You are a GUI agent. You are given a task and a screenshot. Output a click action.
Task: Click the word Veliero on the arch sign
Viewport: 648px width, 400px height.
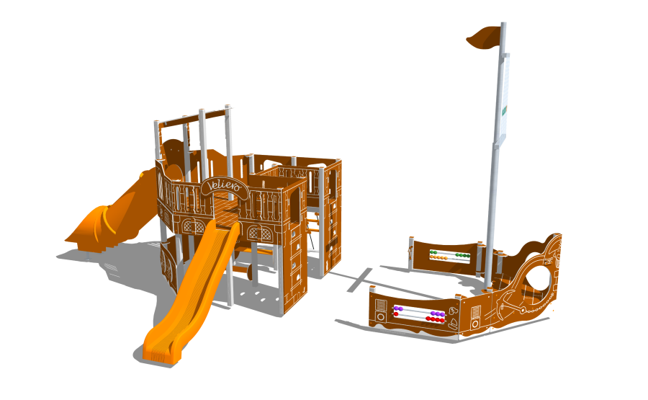point(224,185)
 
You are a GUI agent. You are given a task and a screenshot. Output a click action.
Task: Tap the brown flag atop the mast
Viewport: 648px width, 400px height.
point(484,37)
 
